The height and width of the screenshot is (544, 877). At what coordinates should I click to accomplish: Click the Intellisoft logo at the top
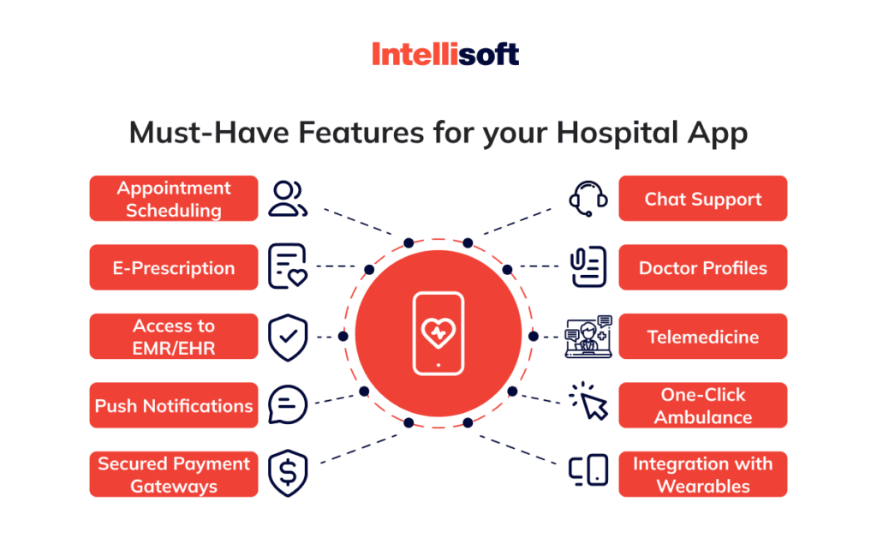point(445,54)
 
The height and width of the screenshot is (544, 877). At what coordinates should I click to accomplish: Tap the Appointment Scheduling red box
point(174,199)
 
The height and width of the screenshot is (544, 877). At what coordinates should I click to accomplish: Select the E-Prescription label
point(174,268)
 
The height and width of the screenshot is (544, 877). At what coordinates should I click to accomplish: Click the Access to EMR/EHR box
point(174,337)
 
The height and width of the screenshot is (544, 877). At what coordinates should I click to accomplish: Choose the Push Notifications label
point(174,405)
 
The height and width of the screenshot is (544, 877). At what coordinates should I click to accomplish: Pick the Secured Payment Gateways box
point(174,475)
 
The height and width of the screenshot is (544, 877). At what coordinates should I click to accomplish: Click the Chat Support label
point(702,199)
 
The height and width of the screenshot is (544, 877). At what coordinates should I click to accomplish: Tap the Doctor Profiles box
point(702,268)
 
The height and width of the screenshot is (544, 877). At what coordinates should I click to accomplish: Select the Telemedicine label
point(702,337)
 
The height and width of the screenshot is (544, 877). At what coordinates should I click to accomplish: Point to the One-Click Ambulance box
point(702,405)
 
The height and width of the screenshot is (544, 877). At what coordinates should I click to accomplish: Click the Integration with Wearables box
point(702,475)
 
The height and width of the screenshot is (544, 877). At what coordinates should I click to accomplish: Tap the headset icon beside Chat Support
point(588,198)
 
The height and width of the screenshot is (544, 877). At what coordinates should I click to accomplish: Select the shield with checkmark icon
point(288,338)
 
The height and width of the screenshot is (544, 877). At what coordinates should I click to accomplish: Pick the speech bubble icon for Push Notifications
point(288,404)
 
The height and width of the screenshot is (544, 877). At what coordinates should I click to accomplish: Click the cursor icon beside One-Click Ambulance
point(589,402)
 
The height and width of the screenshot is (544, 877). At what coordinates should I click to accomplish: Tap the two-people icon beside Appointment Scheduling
point(286,199)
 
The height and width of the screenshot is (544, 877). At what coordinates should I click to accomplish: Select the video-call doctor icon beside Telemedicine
point(589,337)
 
